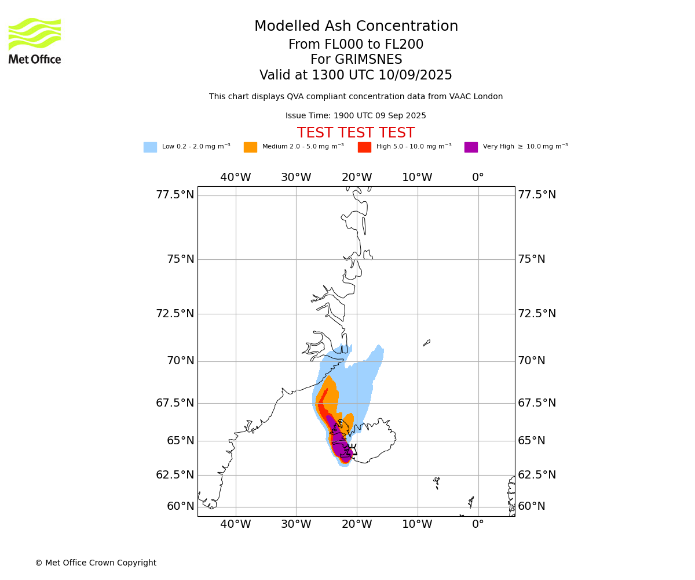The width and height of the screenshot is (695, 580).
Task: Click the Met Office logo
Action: pyautogui.click(x=35, y=41)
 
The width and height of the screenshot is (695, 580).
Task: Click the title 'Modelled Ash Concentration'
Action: pyautogui.click(x=356, y=26)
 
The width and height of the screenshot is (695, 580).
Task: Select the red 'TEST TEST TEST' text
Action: pyautogui.click(x=356, y=132)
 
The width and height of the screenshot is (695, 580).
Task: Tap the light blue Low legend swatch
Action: pyautogui.click(x=150, y=147)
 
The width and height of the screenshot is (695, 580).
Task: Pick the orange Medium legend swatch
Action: pyautogui.click(x=250, y=147)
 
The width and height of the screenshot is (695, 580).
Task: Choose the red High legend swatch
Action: pyautogui.click(x=364, y=147)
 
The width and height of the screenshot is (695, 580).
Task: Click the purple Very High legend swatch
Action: pyautogui.click(x=471, y=147)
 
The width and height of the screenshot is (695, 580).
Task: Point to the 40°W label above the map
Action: pyautogui.click(x=236, y=177)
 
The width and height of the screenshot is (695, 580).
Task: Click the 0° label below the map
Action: pyautogui.click(x=478, y=524)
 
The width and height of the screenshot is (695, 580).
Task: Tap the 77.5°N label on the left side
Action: pyautogui.click(x=175, y=195)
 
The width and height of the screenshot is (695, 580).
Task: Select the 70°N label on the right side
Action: pyautogui.click(x=532, y=361)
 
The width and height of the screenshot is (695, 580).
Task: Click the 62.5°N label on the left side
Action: pyautogui.click(x=175, y=474)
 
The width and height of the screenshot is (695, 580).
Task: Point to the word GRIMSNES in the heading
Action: pyautogui.click(x=368, y=59)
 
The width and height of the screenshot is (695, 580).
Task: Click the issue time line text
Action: pyautogui.click(x=356, y=115)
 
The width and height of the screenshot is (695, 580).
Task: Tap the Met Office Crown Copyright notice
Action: pyautogui.click(x=96, y=563)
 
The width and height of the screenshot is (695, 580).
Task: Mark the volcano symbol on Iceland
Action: pyautogui.click(x=353, y=449)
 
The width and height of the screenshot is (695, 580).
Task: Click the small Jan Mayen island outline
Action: pyautogui.click(x=427, y=343)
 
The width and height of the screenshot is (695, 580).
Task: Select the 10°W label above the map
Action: pyautogui.click(x=418, y=177)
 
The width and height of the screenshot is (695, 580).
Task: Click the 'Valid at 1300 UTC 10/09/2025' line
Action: pyautogui.click(x=356, y=75)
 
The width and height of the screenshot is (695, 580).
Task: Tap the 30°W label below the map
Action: pyautogui.click(x=296, y=524)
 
